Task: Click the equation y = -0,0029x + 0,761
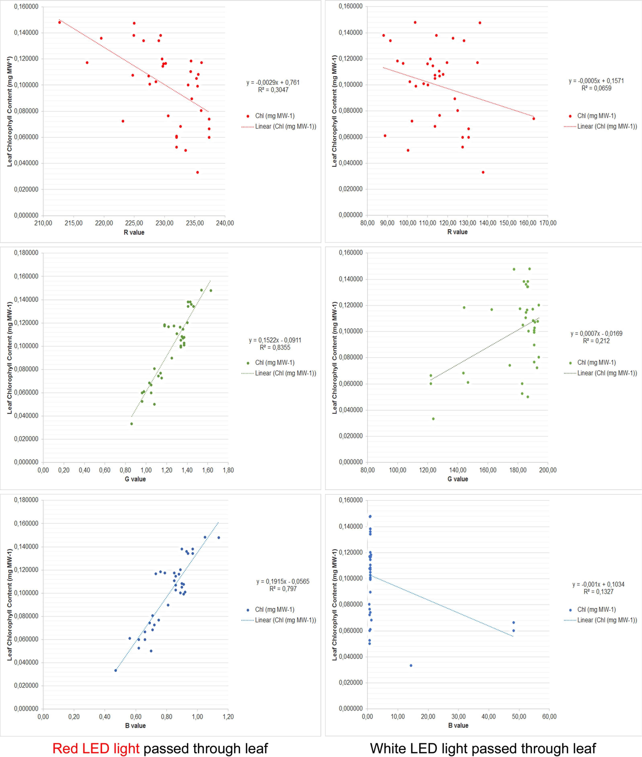click(x=273, y=83)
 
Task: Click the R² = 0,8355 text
click(x=275, y=348)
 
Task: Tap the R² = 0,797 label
click(x=283, y=588)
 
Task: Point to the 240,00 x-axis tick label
click(x=225, y=223)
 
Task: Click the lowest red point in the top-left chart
click(x=198, y=172)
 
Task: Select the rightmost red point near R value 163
click(x=533, y=119)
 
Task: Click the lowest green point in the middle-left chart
click(x=131, y=424)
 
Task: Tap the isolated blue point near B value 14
click(x=411, y=665)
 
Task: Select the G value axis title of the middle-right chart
click(x=458, y=479)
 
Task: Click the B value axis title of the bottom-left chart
click(x=135, y=725)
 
